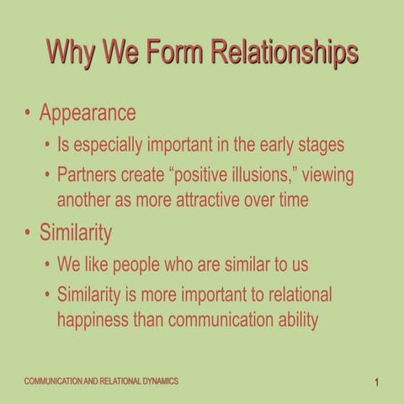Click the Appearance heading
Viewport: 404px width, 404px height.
click(88, 112)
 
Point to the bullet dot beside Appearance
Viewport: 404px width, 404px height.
click(29, 113)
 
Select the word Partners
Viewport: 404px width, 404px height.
click(88, 177)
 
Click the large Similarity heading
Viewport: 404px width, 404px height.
click(76, 231)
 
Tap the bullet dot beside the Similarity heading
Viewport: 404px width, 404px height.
click(29, 232)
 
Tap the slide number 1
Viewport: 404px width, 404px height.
click(379, 383)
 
